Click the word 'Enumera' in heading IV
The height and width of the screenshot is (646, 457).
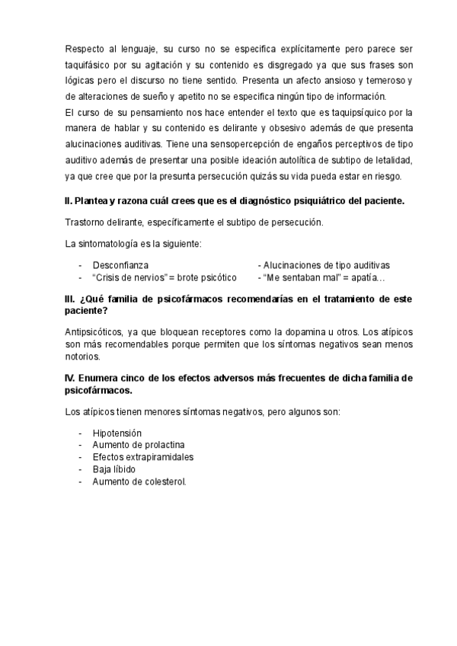(x=103, y=379)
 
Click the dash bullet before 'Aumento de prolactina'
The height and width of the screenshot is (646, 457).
(x=81, y=446)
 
